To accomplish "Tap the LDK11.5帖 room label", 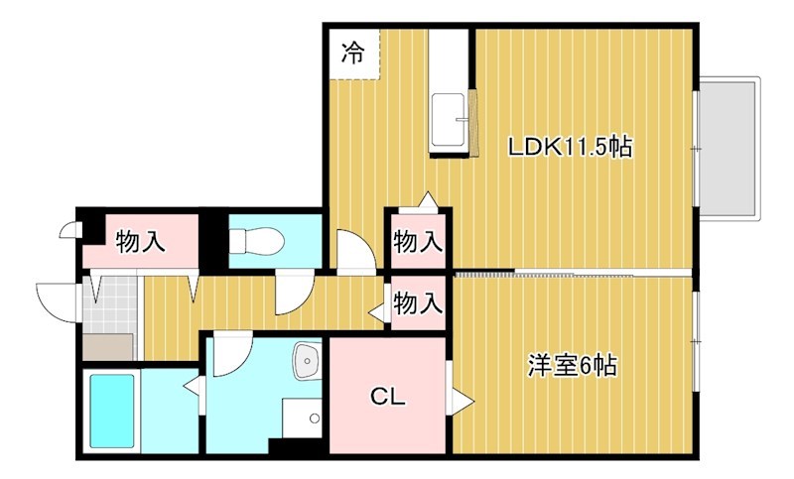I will pyautogui.click(x=570, y=149).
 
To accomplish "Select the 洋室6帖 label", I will pyautogui.click(x=571, y=366).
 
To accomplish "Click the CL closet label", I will pyautogui.click(x=387, y=397).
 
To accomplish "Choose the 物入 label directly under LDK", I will pyautogui.click(x=417, y=240).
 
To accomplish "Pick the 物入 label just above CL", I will pyautogui.click(x=417, y=304).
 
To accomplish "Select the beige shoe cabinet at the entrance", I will pyautogui.click(x=107, y=347).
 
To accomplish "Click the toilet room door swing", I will pyautogui.click(x=293, y=294).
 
